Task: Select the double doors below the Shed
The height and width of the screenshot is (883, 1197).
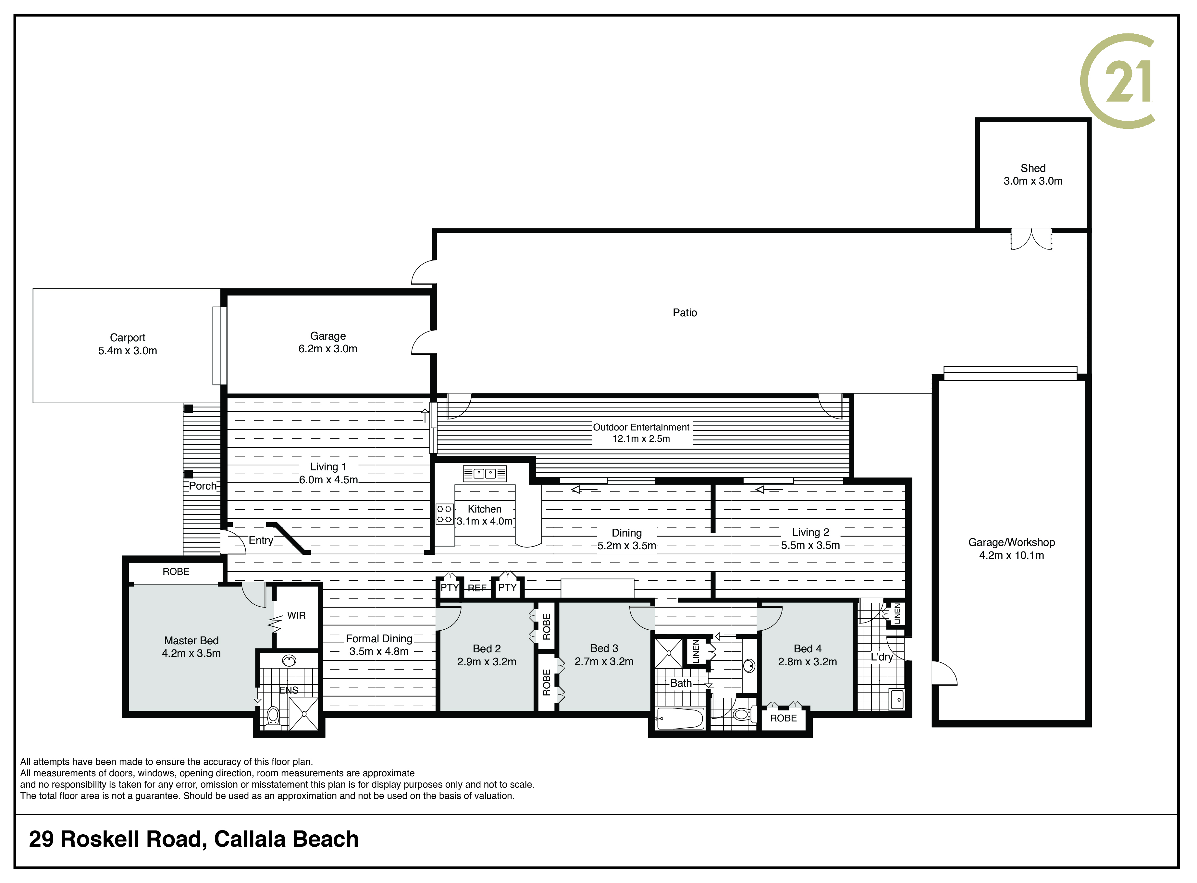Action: click(1031, 239)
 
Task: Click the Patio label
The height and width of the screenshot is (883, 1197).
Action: click(685, 313)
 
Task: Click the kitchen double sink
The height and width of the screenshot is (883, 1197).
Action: click(485, 473)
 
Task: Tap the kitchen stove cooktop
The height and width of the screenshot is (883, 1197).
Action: click(444, 514)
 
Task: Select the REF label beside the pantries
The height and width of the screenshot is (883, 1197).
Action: click(477, 588)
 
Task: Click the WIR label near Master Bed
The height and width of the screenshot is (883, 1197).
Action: click(296, 615)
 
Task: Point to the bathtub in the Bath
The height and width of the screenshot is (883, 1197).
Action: click(680, 719)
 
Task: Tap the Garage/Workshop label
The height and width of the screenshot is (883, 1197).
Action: click(1011, 542)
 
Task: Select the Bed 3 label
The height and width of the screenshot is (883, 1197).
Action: click(604, 648)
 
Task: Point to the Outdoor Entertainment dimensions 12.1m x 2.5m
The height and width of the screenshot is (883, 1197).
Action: click(641, 439)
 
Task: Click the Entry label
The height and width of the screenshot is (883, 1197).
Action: click(261, 540)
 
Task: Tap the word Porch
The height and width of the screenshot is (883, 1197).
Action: click(203, 486)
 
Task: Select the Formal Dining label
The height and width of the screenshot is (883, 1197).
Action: click(379, 639)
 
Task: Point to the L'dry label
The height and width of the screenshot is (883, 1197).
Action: click(882, 657)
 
